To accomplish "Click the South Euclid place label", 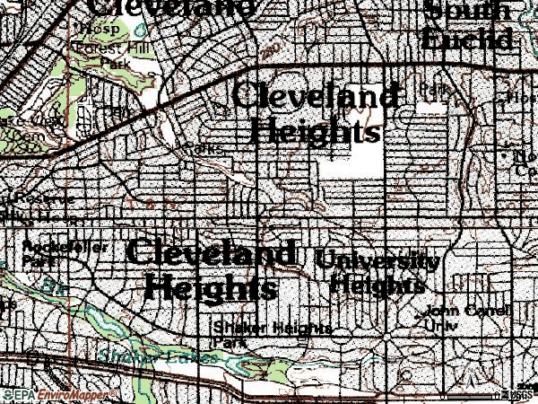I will pos(468,25).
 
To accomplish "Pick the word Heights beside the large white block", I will pos(314,132).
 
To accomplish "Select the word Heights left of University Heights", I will pos(210,289).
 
